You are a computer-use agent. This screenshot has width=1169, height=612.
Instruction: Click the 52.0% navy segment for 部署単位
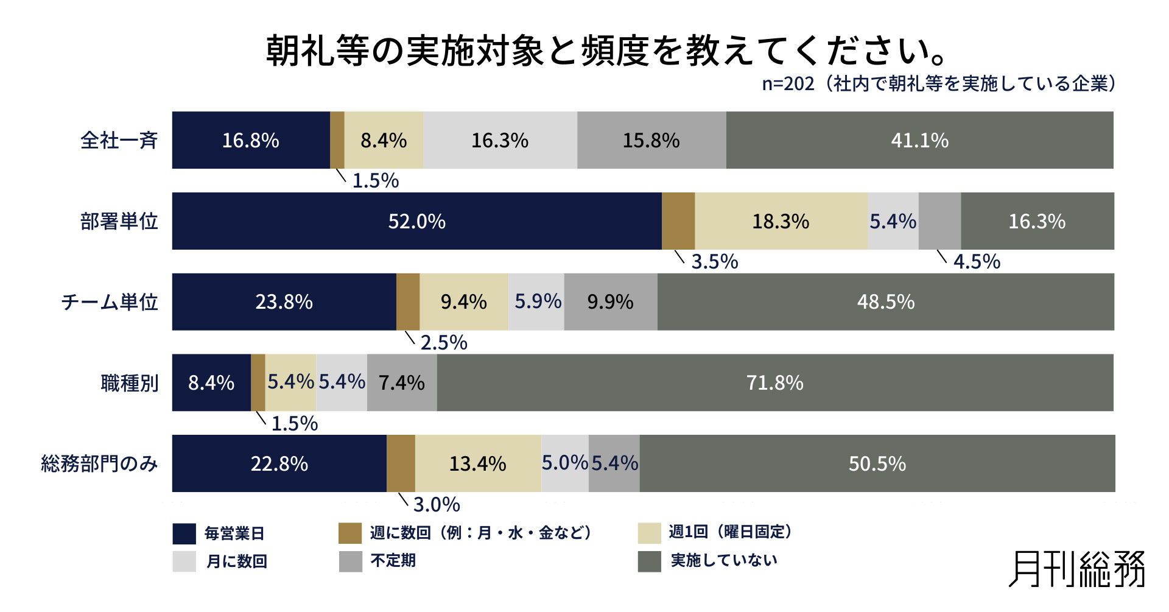(416, 221)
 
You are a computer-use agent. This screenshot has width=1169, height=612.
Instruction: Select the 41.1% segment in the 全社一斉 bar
(919, 140)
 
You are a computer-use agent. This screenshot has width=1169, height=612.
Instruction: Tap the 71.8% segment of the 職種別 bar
(774, 382)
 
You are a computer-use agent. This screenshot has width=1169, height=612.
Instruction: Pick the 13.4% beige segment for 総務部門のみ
(478, 463)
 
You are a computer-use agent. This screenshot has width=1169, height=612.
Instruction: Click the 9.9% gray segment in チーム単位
(611, 301)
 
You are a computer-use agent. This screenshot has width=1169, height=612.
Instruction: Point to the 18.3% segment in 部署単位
(781, 221)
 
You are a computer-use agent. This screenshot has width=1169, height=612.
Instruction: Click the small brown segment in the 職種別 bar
(258, 382)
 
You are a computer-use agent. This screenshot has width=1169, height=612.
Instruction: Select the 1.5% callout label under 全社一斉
(376, 181)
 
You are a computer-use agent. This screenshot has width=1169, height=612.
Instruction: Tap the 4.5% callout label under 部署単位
(977, 262)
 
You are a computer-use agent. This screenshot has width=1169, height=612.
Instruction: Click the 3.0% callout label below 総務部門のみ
(437, 505)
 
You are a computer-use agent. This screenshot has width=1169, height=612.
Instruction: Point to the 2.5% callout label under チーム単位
(444, 343)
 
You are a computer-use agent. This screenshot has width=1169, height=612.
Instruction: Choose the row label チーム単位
(110, 302)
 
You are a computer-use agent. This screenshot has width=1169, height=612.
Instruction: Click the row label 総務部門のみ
(99, 464)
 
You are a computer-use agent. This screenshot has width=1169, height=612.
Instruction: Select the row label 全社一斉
(119, 141)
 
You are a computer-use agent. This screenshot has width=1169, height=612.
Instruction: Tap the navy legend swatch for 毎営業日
(184, 533)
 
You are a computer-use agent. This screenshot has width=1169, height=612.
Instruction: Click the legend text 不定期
(393, 560)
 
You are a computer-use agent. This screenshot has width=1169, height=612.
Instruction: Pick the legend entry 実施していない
(723, 560)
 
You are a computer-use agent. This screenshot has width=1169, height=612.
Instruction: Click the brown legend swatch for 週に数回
(350, 533)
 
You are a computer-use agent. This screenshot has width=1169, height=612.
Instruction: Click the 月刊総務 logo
(1076, 569)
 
